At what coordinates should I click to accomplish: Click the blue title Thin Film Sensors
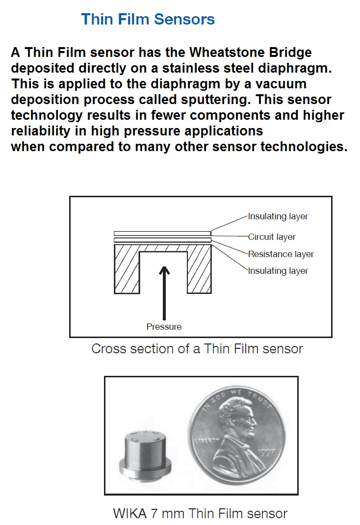(x=148, y=19)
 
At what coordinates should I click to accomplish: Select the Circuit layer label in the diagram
(x=272, y=237)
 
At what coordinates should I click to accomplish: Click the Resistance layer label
(x=281, y=254)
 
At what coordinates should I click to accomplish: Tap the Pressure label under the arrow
(x=164, y=327)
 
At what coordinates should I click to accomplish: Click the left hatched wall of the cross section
(x=127, y=272)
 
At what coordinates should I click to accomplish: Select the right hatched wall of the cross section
(x=200, y=272)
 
